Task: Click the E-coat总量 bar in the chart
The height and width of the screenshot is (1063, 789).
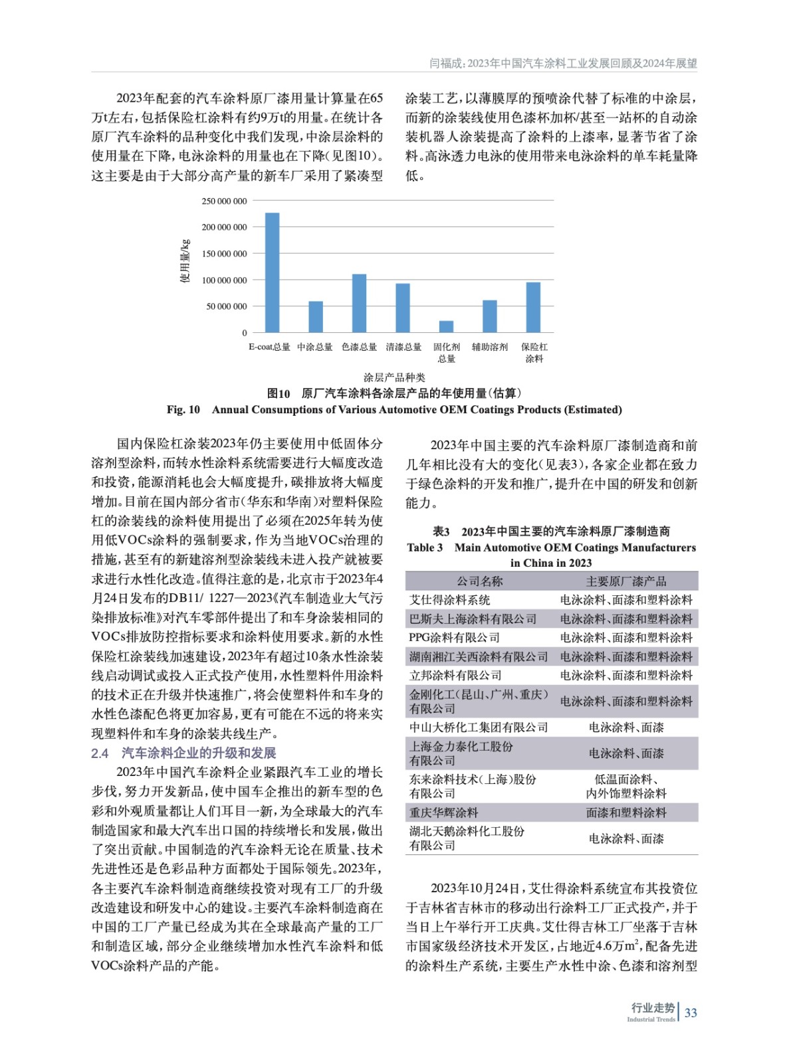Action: point(272,272)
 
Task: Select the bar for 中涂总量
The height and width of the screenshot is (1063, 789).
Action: point(316,317)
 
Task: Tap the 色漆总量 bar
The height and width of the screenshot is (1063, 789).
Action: point(359,303)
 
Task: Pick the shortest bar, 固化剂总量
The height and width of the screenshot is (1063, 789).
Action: point(446,326)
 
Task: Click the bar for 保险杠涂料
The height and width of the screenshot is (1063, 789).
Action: point(533,307)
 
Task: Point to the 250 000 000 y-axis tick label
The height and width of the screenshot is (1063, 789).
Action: point(224,201)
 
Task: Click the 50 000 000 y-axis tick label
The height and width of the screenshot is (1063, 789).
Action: point(226,306)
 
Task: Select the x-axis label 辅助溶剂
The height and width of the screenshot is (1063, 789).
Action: point(490,347)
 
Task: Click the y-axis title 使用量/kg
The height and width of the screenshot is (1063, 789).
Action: point(185,261)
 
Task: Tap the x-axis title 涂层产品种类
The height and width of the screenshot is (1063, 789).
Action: point(394,377)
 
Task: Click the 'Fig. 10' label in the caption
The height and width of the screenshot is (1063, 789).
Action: point(183,409)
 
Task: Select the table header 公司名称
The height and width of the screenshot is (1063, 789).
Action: point(479,581)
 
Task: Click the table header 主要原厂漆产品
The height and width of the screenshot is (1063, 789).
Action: point(626,581)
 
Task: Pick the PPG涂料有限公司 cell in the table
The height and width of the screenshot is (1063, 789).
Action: point(455,638)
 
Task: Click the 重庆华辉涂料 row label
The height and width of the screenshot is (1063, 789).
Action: point(443,813)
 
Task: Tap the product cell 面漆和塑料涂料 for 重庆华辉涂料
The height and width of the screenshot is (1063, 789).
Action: point(626,813)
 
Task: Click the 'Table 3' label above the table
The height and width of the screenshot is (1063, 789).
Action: point(425,547)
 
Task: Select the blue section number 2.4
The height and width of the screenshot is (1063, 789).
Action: point(100,753)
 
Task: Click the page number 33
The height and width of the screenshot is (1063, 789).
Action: point(691,1013)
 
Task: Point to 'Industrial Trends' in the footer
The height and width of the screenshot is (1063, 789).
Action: point(651,1019)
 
